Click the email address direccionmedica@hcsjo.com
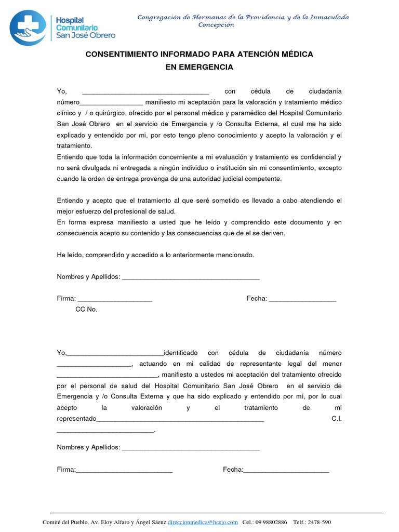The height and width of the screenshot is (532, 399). (203, 522)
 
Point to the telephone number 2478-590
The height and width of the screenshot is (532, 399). (320, 522)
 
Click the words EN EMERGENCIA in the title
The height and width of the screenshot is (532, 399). (199, 67)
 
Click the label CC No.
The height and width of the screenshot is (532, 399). (86, 309)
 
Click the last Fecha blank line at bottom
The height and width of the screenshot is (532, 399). (286, 471)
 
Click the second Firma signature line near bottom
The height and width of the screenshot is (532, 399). (124, 471)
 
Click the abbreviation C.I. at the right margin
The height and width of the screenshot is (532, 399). (336, 419)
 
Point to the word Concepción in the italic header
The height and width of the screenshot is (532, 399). (216, 24)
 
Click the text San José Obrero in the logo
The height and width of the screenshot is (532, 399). (86, 35)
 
